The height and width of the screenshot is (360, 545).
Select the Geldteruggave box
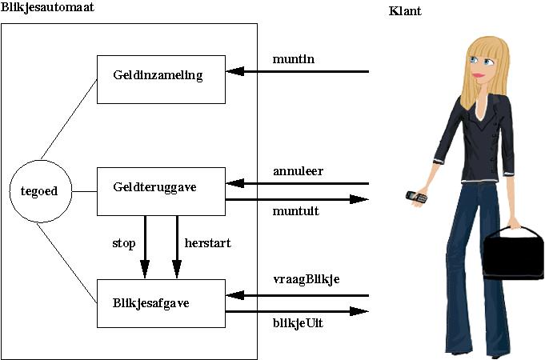coord(160,190)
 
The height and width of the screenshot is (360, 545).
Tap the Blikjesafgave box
coord(160,302)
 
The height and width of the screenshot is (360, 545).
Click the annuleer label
coord(298,170)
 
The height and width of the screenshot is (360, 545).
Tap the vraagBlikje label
coord(306,279)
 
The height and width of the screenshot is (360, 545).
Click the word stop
coord(124,243)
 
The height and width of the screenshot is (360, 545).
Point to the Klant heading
coord(405,11)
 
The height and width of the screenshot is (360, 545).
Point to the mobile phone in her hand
coord(415,196)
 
